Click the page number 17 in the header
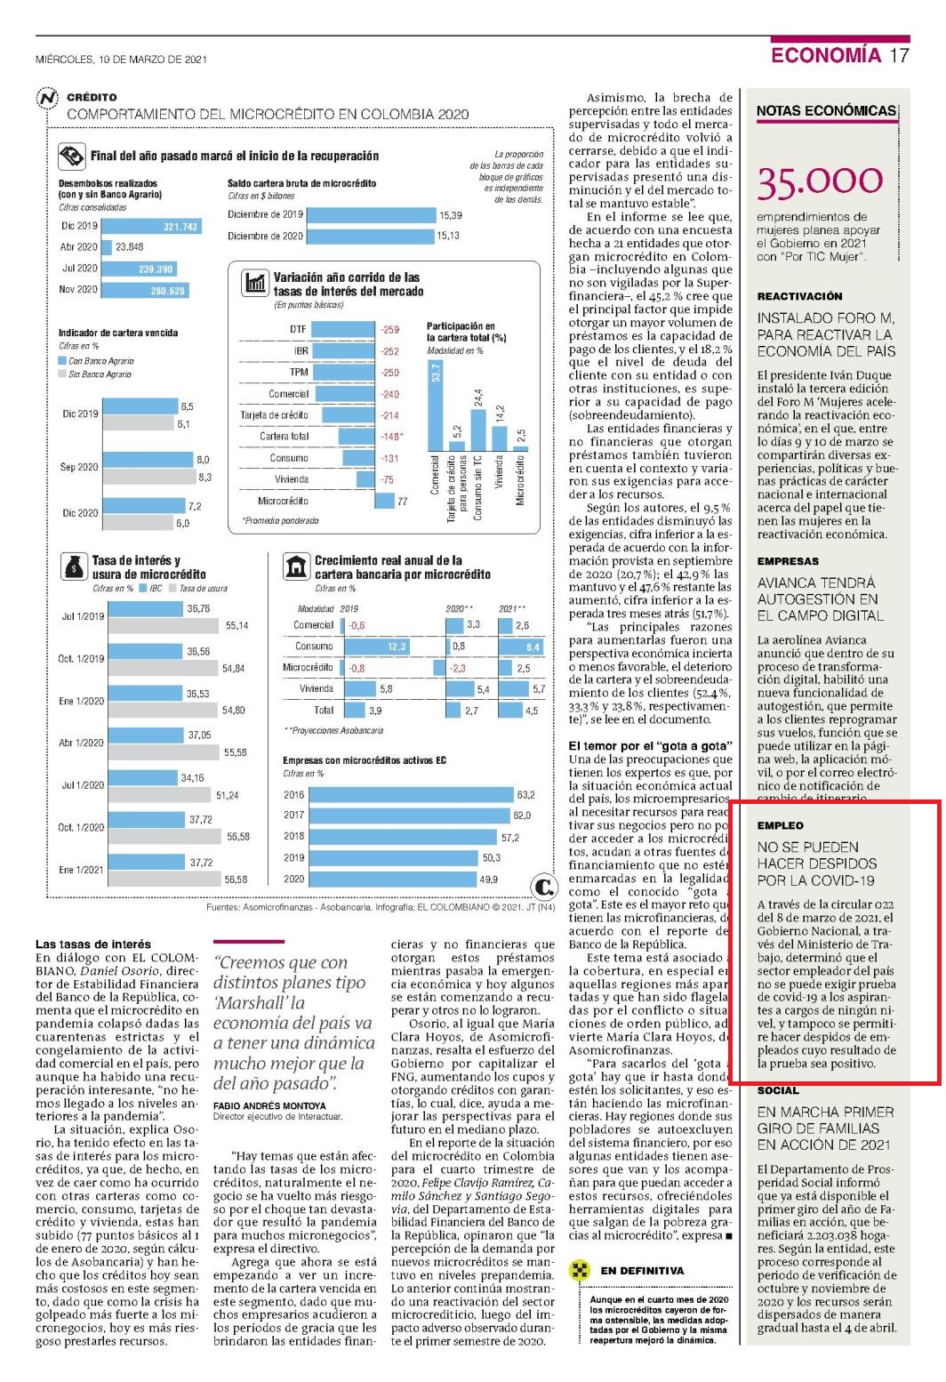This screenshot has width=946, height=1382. click(899, 55)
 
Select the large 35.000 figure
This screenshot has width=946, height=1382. click(820, 182)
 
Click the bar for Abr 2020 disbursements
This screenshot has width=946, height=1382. click(106, 247)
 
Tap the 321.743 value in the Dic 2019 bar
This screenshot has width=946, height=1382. click(180, 227)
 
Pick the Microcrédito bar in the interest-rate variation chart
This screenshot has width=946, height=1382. click(384, 501)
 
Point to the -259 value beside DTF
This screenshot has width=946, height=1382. click(389, 329)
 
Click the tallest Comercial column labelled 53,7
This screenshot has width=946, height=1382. click(436, 405)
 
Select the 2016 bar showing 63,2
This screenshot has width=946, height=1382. click(412, 795)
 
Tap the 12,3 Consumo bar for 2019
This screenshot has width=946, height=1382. click(375, 647)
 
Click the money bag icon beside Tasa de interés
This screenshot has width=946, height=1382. click(74, 566)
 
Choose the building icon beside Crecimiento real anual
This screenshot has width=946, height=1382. click(296, 566)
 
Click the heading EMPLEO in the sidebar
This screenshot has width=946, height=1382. click(780, 825)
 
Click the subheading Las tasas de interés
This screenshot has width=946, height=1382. click(93, 944)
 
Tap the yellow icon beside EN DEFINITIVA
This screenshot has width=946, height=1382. click(579, 1270)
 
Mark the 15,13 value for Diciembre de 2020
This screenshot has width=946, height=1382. click(448, 236)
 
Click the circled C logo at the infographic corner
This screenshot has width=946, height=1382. click(543, 887)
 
